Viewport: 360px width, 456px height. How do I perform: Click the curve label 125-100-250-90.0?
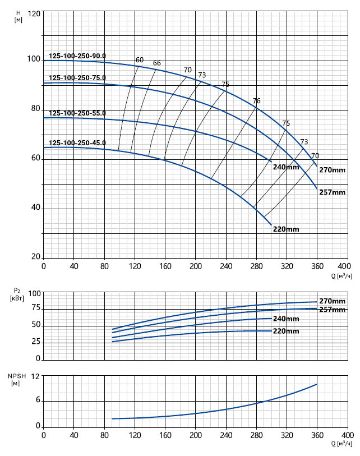[77, 56]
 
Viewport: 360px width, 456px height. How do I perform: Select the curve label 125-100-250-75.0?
[77, 78]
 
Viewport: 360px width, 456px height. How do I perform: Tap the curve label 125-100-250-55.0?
[77, 113]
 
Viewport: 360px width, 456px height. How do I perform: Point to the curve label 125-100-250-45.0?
[77, 143]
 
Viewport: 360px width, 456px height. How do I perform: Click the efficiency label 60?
[140, 60]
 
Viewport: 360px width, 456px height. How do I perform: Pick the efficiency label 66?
[157, 63]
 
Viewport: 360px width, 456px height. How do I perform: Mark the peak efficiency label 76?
[257, 101]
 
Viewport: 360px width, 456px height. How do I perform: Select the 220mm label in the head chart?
[286, 229]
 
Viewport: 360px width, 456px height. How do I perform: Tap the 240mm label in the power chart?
[286, 319]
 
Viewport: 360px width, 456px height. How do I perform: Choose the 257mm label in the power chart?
[332, 310]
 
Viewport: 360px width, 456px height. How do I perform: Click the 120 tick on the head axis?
[34, 13]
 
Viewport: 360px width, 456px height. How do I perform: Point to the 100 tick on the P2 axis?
[35, 293]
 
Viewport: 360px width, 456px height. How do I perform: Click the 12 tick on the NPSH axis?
[38, 376]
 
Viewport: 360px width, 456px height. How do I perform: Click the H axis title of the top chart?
[19, 16]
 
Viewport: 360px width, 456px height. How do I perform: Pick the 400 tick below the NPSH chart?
[347, 435]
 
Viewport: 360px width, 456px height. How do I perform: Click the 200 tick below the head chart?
[195, 266]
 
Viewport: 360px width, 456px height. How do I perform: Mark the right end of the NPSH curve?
[317, 384]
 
